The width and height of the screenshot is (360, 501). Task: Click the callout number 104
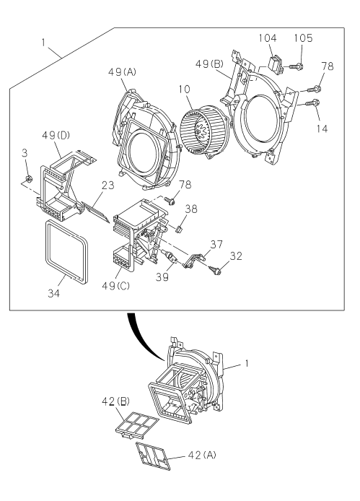point(268,38)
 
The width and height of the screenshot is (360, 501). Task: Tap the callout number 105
point(303,38)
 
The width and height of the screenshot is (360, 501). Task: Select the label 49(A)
point(122,72)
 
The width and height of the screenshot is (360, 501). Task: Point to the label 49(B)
point(209,64)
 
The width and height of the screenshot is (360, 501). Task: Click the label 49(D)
point(56,136)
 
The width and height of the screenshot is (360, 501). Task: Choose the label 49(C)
point(115,285)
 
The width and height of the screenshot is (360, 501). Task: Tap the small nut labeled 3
point(28,179)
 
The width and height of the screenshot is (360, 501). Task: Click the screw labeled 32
point(215,270)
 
